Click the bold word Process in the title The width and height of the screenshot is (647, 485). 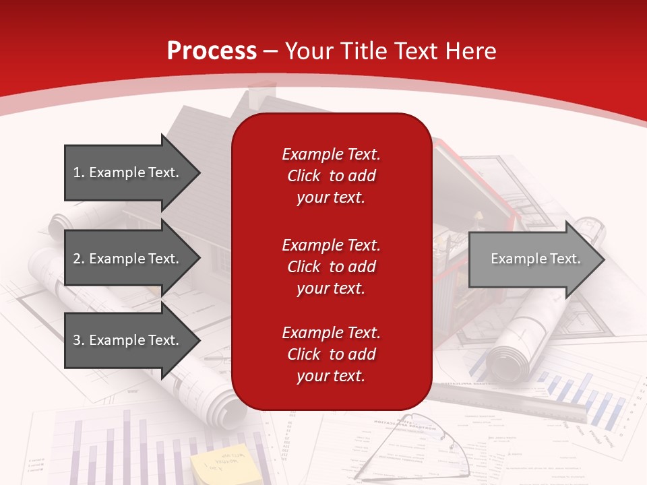[x=212, y=51]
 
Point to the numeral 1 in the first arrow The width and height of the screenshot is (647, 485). [x=76, y=172]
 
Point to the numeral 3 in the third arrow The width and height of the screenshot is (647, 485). [x=77, y=340]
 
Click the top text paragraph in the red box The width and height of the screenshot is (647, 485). [x=331, y=176]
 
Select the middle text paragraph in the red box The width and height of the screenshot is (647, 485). [x=331, y=266]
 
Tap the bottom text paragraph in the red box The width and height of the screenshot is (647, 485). [x=331, y=354]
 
